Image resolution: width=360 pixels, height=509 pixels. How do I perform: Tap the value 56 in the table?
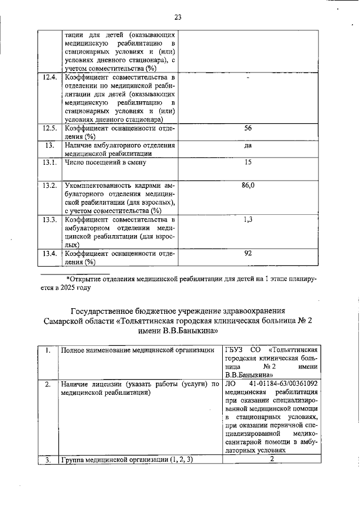[248, 128]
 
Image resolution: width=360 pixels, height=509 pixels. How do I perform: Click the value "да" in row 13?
[248, 146]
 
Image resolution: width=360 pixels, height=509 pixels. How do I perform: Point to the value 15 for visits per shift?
[248, 163]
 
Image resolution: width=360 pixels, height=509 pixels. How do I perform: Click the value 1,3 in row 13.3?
[248, 219]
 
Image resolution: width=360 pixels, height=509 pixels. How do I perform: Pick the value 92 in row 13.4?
[248, 253]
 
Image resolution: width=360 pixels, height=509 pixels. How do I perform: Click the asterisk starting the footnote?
[68, 278]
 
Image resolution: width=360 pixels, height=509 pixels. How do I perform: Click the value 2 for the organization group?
[272, 460]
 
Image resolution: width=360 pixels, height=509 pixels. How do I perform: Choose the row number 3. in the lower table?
[48, 460]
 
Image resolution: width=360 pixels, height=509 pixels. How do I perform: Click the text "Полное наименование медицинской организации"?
[138, 350]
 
